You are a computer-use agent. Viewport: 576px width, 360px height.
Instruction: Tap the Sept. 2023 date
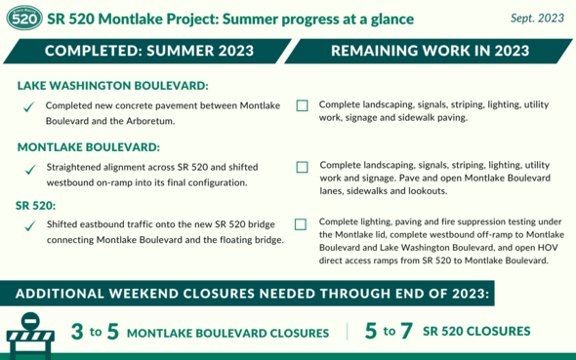click(x=537, y=17)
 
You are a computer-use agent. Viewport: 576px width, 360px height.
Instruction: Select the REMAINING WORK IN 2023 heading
click(x=427, y=52)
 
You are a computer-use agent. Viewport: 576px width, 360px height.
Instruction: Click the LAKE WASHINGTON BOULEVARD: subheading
click(x=112, y=86)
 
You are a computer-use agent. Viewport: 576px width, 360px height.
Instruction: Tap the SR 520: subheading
click(x=36, y=206)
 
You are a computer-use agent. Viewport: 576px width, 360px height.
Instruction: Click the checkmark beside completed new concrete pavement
click(x=29, y=107)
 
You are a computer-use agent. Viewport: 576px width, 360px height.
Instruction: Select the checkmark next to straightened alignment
click(x=29, y=169)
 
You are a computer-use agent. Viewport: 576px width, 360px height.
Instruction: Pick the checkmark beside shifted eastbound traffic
click(x=29, y=226)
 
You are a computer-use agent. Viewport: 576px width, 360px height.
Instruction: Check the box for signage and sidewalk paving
click(x=302, y=105)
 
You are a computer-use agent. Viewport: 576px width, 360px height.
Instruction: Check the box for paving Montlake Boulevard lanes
click(x=302, y=167)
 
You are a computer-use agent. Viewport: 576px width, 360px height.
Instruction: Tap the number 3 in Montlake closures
click(x=77, y=332)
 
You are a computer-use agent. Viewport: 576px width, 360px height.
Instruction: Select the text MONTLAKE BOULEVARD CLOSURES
click(x=227, y=334)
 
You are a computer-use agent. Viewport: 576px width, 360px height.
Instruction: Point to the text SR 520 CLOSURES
click(x=476, y=333)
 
